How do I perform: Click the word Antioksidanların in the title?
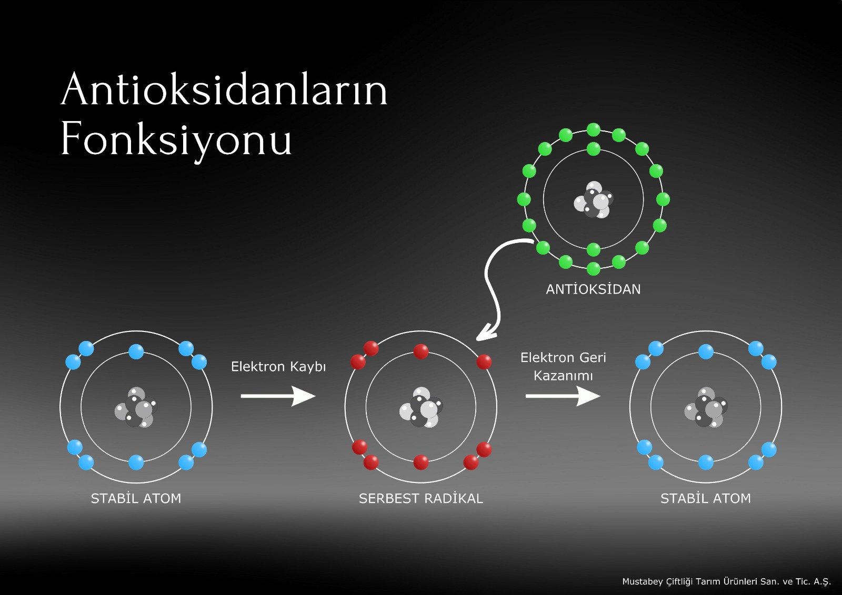coord(224,89)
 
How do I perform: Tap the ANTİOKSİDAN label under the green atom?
coord(593,289)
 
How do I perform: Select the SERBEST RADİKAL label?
coord(420,498)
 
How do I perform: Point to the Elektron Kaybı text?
coord(278,367)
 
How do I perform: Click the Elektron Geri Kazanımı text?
coord(563,367)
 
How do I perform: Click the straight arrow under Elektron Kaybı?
coord(278,396)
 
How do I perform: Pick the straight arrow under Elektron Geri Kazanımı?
coord(563,396)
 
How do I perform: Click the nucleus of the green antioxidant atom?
coord(594,200)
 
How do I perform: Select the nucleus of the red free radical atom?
coord(421,407)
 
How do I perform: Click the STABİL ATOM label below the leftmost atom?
coord(136,498)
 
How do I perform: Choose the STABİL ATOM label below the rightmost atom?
coord(706,498)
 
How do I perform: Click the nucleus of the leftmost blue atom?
coord(136,407)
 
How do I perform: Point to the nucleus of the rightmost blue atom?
coord(706,407)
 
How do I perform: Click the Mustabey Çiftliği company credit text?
coord(727,581)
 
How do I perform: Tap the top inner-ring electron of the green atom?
coord(594,149)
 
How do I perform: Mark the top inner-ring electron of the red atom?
coord(421,352)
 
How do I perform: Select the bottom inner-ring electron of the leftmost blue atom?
coord(136,462)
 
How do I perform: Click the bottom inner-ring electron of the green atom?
coord(594,249)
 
